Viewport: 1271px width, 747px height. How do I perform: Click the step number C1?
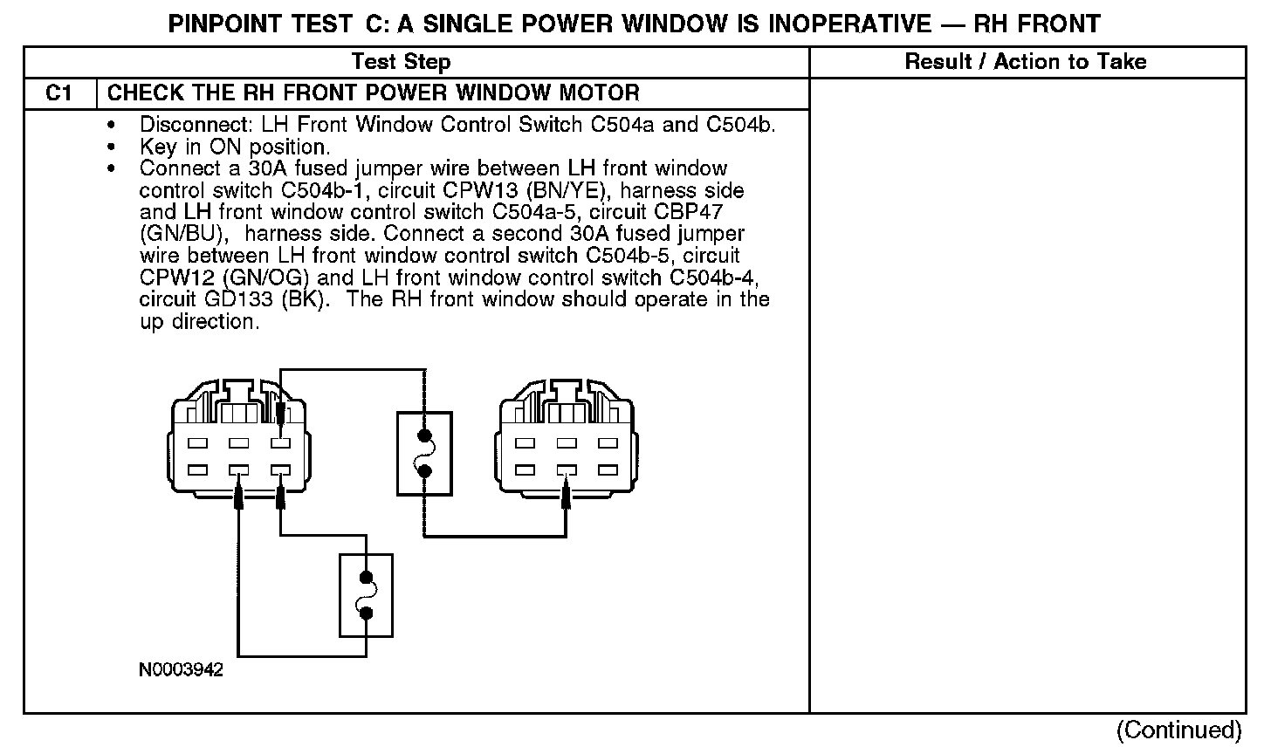click(x=58, y=93)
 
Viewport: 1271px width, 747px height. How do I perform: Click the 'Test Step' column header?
click(x=401, y=61)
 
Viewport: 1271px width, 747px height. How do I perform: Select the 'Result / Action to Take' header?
click(x=1026, y=61)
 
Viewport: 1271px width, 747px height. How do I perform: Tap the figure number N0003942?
click(x=181, y=670)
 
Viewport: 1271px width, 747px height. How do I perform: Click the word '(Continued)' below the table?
click(x=1178, y=730)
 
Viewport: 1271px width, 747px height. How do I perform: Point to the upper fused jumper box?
click(x=424, y=454)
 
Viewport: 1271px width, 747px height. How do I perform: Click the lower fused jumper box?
click(x=366, y=595)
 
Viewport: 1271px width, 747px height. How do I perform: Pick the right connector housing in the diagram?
click(x=566, y=441)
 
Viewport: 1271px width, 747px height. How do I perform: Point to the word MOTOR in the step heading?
click(x=598, y=93)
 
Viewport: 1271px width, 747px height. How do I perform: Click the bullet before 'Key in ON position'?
click(x=111, y=147)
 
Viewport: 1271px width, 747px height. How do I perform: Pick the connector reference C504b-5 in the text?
click(x=629, y=257)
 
